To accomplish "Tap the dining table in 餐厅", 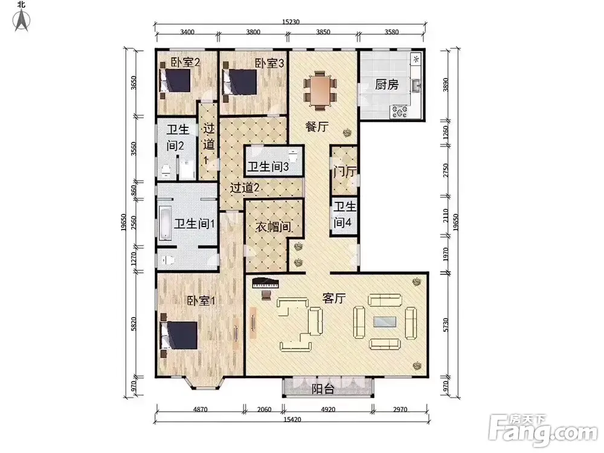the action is click(x=320, y=89).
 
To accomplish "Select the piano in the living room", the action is click(x=265, y=283).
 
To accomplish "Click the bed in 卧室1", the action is click(x=179, y=335).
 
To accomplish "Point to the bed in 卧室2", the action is click(x=176, y=80).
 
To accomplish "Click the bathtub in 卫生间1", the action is click(x=165, y=223).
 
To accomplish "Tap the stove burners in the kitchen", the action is click(x=400, y=112).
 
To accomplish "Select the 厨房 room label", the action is click(x=387, y=85).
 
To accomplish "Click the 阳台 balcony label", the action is click(x=323, y=389).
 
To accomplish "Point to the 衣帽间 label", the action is click(x=273, y=227).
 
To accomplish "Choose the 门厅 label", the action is click(x=345, y=172).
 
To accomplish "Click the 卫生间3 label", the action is click(x=268, y=167).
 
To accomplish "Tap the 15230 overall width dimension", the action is click(x=291, y=22).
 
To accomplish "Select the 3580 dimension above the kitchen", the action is click(x=391, y=32).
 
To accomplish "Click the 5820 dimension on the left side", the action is click(x=133, y=324).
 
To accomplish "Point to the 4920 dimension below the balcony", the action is click(x=328, y=410).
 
